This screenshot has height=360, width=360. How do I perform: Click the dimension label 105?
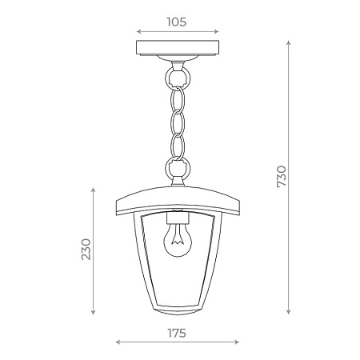coord(177,22)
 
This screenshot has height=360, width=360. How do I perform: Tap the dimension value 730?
coord(281,177)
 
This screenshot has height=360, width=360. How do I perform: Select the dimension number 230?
coord(86,250)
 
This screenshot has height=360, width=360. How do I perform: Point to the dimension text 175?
coord(177,332)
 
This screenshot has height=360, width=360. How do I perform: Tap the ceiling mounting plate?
coord(177,50)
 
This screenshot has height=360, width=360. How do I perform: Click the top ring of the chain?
coord(177,78)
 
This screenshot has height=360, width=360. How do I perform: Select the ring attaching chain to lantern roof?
coord(177,170)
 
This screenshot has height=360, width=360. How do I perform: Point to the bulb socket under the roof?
coord(177,218)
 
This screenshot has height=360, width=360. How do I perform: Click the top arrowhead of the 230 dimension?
coord(95,189)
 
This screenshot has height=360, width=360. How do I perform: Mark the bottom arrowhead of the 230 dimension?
coord(95,312)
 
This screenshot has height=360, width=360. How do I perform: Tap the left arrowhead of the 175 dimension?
coord(118,342)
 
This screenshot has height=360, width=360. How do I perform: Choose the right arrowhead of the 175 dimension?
coord(237,342)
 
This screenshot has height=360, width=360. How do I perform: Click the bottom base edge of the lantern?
coord(177,314)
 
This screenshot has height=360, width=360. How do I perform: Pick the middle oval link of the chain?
coord(177,124)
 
